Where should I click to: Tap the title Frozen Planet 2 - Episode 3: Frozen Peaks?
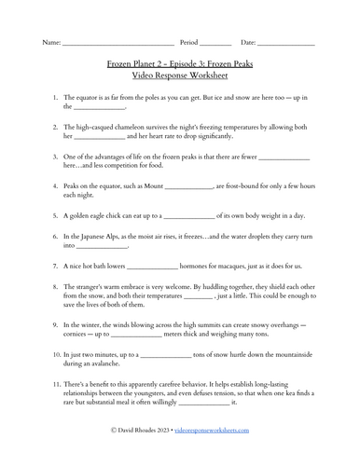pyautogui.click(x=180, y=67)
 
